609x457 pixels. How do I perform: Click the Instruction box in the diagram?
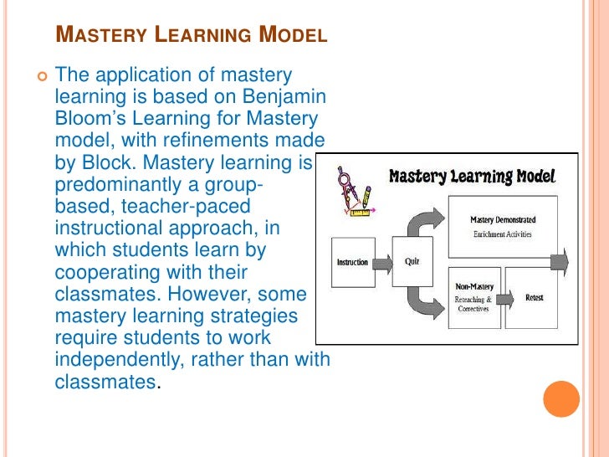pyautogui.click(x=352, y=262)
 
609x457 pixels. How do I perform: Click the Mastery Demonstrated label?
pyautogui.click(x=503, y=220)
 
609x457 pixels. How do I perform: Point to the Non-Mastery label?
pyautogui.click(x=474, y=286)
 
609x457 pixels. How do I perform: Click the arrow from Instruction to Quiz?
pyautogui.click(x=382, y=263)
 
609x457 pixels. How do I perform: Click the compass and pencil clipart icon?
pyautogui.click(x=354, y=193)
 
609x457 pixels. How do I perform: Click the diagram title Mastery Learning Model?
pyautogui.click(x=472, y=177)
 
